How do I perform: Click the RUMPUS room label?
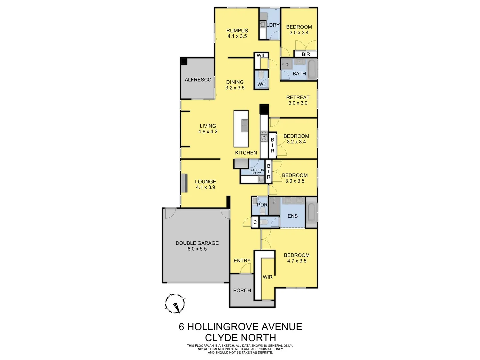coord(237,30)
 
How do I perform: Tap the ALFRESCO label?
coord(198,80)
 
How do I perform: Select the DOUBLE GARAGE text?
coord(197,243)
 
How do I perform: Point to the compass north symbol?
coord(175,304)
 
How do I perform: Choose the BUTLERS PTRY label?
coord(256,172)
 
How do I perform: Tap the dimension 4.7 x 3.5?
coord(297,261)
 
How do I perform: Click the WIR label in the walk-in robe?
coord(267,277)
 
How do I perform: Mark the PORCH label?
coord(242,291)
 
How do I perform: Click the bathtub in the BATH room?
coord(312,69)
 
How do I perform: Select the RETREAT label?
coord(298,97)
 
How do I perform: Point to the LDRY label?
coord(273,25)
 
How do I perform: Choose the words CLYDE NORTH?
coord(240,337)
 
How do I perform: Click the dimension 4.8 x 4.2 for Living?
coord(208,132)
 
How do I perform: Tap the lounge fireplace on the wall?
coord(184,183)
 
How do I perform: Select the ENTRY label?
coord(242,261)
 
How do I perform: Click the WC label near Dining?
coord(261,84)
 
